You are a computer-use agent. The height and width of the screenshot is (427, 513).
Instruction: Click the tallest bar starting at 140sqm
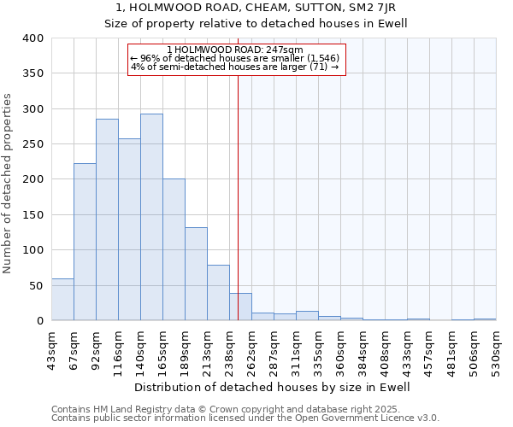point(151,217)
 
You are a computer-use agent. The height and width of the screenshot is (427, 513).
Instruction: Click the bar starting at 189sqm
point(196,274)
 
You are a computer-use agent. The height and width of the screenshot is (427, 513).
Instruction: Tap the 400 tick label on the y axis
point(33,38)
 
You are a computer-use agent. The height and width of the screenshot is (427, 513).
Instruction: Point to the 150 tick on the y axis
point(33,215)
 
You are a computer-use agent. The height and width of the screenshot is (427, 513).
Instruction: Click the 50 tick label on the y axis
point(36,286)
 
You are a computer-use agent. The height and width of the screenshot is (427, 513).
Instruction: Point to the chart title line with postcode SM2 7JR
point(256,7)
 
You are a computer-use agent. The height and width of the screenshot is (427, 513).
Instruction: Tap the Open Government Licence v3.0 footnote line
point(245,418)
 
